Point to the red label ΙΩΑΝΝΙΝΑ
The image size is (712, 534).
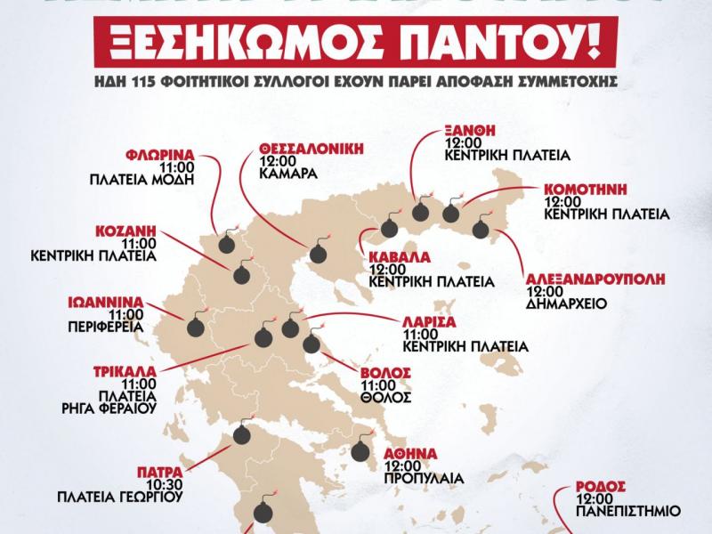pyautogui.click(x=105, y=302)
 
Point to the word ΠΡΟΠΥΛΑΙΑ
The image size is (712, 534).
pyautogui.click(x=425, y=478)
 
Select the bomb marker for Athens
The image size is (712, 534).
pyautogui.click(x=360, y=450)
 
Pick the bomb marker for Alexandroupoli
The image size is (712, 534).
pyautogui.click(x=481, y=230)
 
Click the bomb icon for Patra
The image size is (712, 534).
pyautogui.click(x=241, y=434)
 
